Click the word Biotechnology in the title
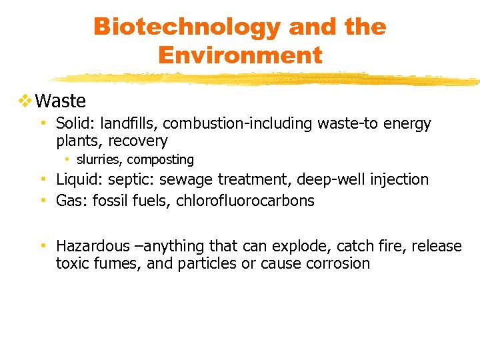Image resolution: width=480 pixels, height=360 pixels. (x=187, y=27)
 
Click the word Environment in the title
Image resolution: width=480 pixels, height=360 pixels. (x=240, y=55)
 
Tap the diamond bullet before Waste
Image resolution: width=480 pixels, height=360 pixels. (x=25, y=101)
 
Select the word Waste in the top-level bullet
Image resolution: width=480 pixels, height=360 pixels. (x=61, y=101)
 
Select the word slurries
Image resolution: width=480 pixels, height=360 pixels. (x=99, y=160)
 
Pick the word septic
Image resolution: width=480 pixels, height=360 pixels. (x=128, y=180)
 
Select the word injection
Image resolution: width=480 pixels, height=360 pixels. (x=397, y=179)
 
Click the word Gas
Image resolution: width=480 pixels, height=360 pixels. (x=69, y=201)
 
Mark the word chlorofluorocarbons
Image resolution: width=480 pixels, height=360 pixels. (x=245, y=201)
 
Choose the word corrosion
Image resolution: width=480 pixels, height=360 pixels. (x=338, y=263)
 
